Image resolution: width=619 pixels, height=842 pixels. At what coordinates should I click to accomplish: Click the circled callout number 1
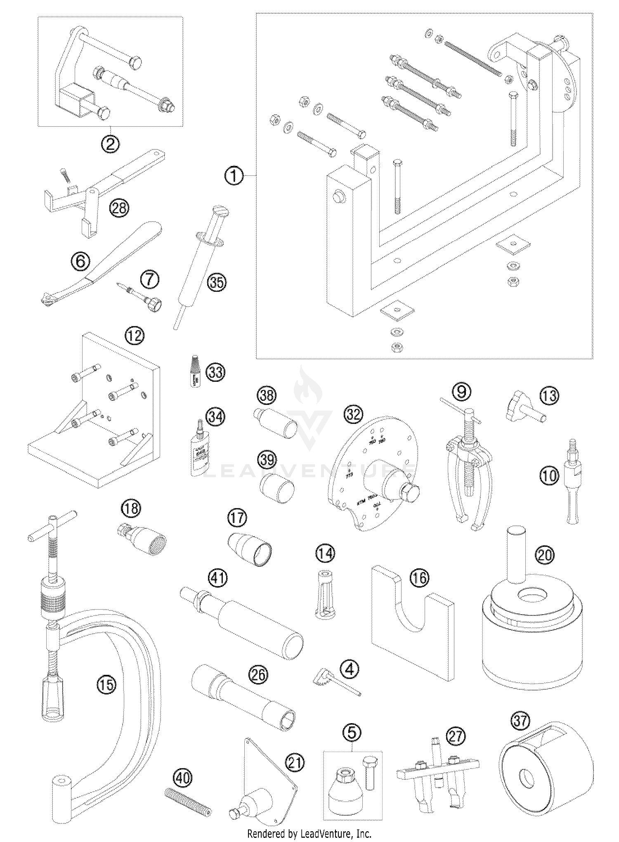(234, 176)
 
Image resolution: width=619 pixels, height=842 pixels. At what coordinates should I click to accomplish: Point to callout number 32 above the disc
(353, 414)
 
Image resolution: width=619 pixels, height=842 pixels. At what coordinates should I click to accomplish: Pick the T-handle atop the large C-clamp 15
(52, 525)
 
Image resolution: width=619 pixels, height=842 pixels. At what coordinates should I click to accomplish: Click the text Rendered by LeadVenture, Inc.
(309, 833)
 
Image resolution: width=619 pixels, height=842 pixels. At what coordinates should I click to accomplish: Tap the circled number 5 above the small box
(352, 733)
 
